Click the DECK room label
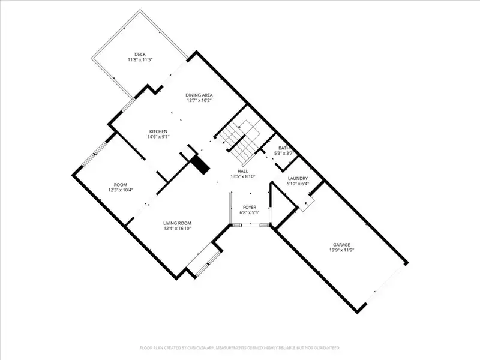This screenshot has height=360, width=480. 140,55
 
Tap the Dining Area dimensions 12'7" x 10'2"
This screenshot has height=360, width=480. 199,100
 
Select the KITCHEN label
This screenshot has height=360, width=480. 158,131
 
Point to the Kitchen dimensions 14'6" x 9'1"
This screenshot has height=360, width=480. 158,137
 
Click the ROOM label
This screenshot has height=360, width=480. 121,185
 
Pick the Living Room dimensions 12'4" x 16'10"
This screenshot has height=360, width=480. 177,229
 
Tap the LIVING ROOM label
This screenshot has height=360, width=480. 177,223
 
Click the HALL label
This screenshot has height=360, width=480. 243,171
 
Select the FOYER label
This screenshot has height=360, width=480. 250,207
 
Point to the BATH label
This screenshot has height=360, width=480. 284,148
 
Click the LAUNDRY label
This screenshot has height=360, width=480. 298,178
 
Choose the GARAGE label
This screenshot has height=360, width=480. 341,245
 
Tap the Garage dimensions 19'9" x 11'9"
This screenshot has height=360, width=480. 341,250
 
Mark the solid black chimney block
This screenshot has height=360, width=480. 200,164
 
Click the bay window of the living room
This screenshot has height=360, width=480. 205,260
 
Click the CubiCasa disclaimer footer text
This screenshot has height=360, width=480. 240,348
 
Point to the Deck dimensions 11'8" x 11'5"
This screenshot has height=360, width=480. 140,59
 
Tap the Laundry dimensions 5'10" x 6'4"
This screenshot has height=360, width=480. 298,184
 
